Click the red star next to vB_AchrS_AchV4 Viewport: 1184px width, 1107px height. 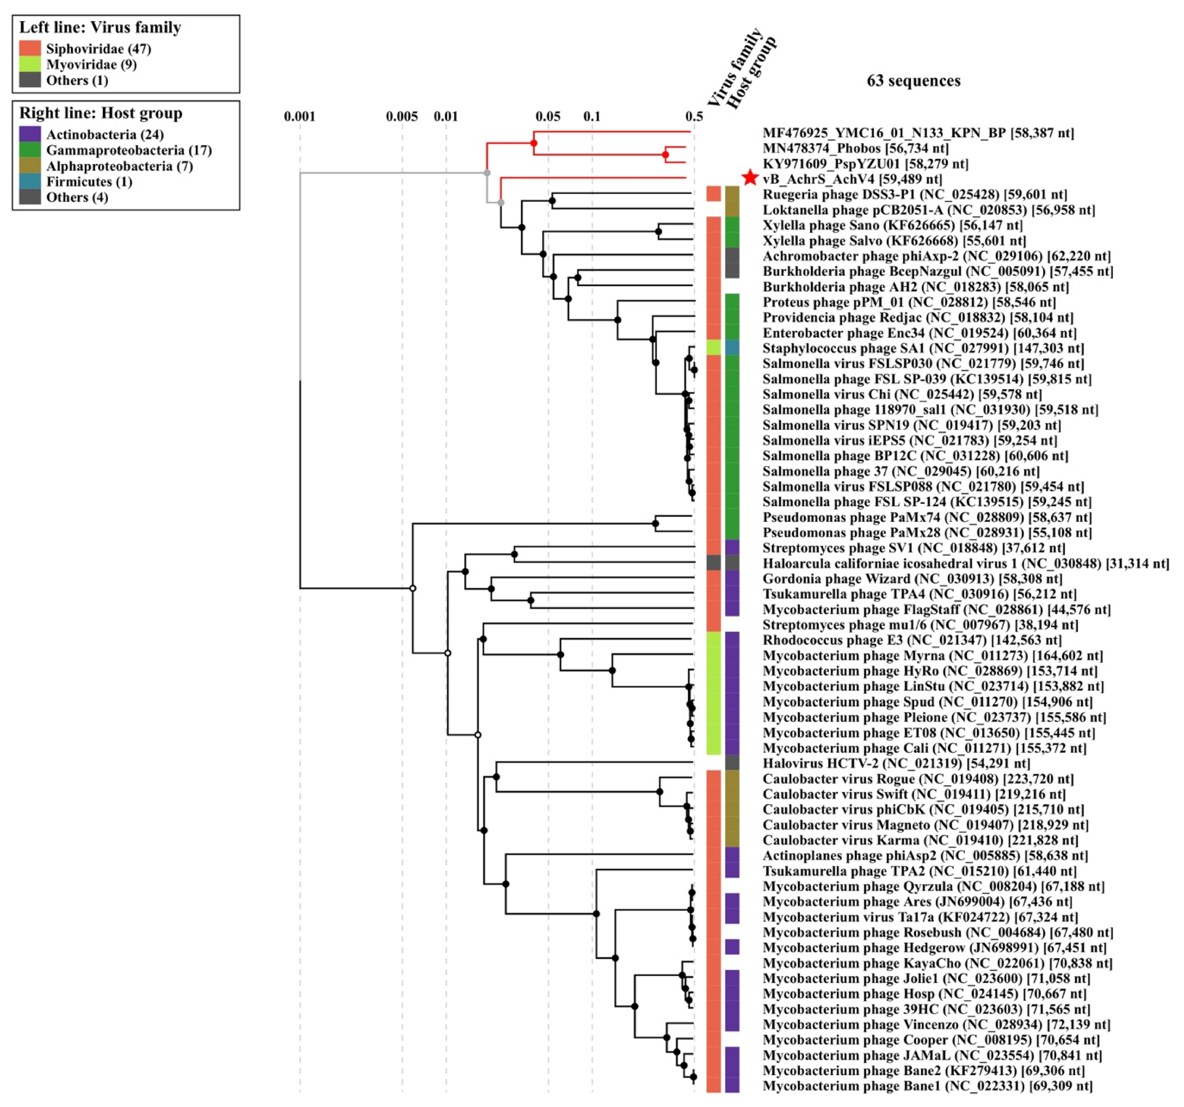tap(750, 177)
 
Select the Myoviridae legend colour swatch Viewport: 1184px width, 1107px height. tap(30, 64)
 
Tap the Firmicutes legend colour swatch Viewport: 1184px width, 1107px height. tap(30, 182)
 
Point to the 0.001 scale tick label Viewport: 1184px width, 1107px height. tap(299, 116)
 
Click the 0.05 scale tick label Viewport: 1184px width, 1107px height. tap(547, 116)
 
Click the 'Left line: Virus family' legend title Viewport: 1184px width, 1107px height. tap(100, 27)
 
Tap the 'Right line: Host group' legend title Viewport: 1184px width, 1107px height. tap(101, 113)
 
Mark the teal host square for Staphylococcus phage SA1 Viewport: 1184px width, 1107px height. tap(732, 348)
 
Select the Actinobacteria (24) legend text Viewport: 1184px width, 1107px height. tap(105, 135)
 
